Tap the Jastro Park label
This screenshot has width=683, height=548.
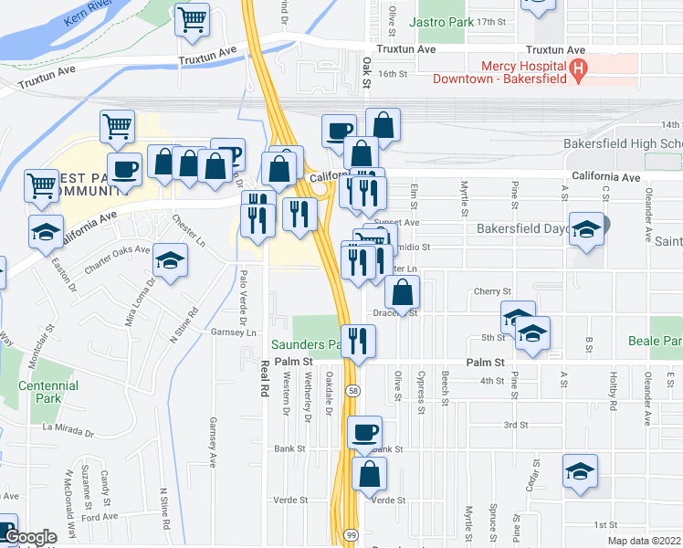441,20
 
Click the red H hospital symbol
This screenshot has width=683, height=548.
577,68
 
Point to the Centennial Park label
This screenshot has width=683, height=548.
48,392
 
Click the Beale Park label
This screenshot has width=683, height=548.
655,341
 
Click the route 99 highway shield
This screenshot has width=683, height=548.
351,532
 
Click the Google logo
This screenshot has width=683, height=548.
30,538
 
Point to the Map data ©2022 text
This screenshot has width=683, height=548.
644,541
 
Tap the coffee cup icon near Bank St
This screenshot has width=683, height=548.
364,432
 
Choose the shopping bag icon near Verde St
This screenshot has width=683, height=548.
369,473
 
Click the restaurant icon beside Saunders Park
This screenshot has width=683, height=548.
358,342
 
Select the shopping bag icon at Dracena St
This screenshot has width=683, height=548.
402,292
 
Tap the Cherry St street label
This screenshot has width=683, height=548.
492,291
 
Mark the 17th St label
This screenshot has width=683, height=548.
491,21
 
